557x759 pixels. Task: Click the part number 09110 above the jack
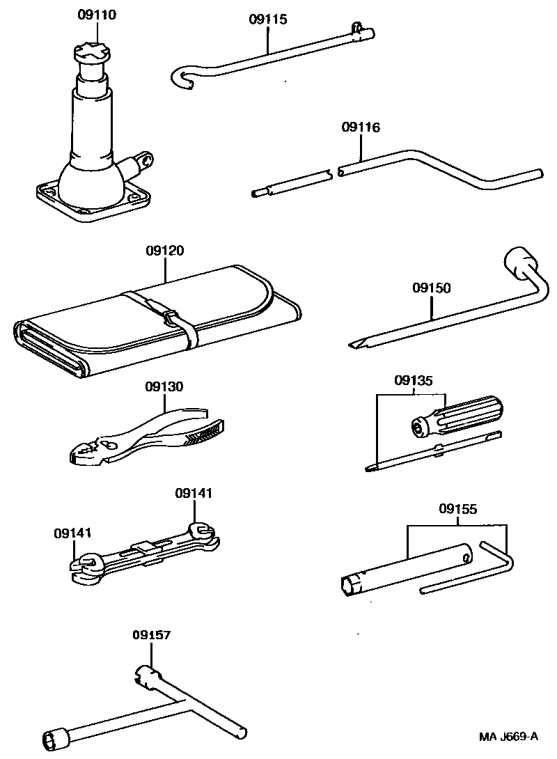[x=97, y=14]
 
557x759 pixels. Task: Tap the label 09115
[x=267, y=19]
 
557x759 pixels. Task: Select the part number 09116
[x=361, y=127]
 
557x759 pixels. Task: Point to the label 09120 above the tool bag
[x=165, y=251]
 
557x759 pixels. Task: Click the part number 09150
[x=431, y=287]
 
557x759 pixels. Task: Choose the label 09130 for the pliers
[x=164, y=386]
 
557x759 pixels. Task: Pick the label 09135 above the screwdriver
[x=414, y=380]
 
